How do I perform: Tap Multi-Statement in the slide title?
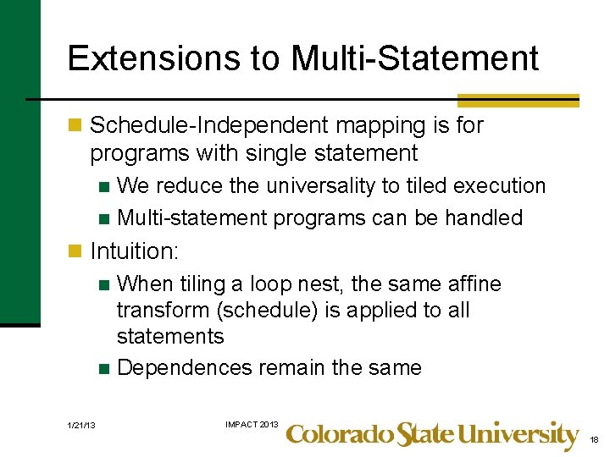tap(414, 58)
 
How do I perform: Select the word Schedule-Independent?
tap(208, 125)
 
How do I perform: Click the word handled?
tap(484, 217)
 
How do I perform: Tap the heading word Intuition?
tap(134, 251)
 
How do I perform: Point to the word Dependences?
tap(184, 368)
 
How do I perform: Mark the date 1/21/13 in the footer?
tap(82, 425)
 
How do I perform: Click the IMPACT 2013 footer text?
tap(251, 423)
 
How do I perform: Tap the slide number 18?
tap(593, 440)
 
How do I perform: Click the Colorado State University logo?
tap(432, 435)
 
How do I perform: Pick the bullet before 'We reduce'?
tap(103, 186)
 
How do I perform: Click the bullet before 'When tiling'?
tap(103, 284)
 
